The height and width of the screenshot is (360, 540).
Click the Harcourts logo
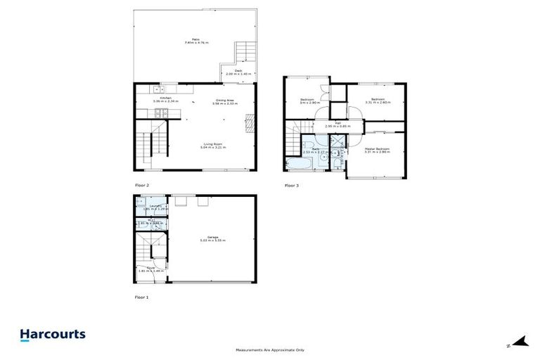coord(53,335)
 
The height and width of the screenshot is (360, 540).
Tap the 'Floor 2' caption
coord(142,186)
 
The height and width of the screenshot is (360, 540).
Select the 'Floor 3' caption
coord(292,186)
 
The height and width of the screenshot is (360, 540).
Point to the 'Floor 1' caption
coord(142,297)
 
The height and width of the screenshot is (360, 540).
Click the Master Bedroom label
coord(377,150)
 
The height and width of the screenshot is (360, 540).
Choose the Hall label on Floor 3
coord(337,124)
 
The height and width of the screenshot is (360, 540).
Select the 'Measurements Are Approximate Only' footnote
coord(270,350)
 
